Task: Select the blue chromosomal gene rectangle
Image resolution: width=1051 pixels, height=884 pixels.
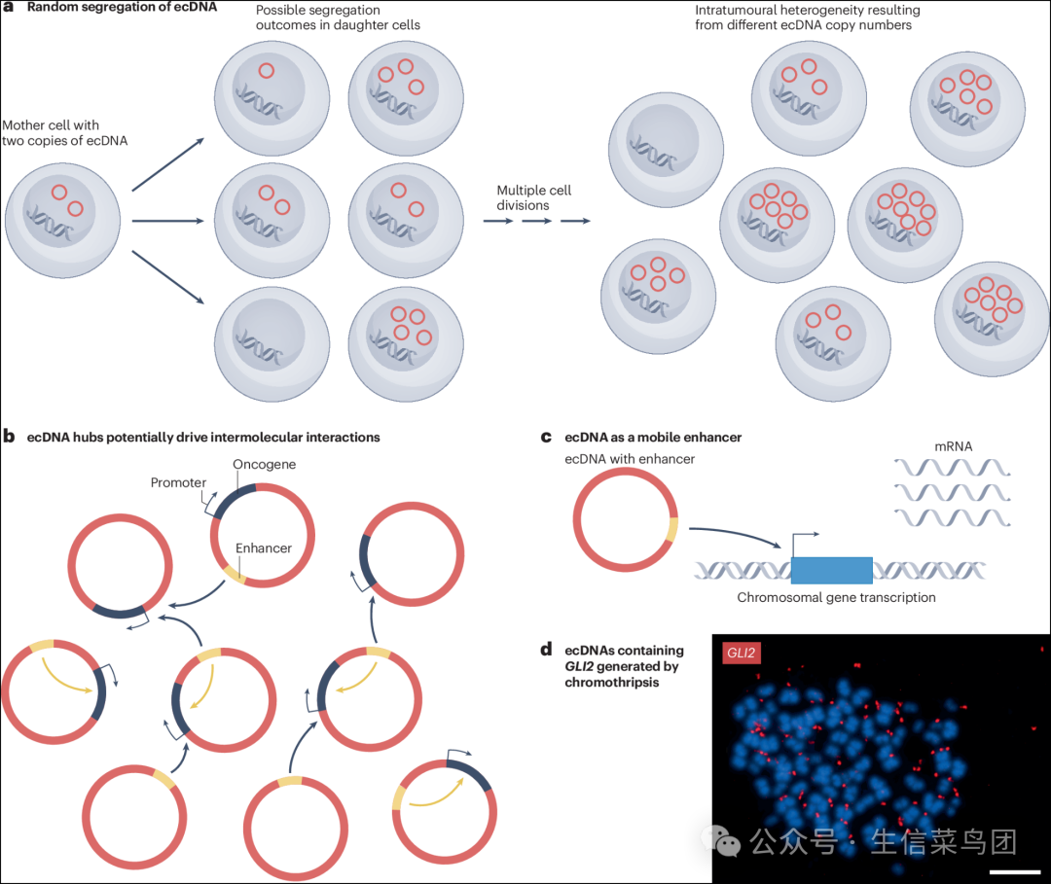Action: click(x=831, y=570)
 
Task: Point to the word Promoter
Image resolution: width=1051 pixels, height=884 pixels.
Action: click(x=178, y=482)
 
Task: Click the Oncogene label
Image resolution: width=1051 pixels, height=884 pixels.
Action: click(x=264, y=464)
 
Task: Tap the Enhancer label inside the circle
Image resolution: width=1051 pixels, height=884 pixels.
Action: click(x=264, y=548)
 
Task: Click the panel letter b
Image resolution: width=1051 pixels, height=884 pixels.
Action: click(x=8, y=437)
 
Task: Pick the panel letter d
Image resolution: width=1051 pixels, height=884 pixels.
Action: click(x=547, y=651)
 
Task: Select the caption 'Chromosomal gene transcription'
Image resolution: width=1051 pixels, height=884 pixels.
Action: click(x=836, y=597)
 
